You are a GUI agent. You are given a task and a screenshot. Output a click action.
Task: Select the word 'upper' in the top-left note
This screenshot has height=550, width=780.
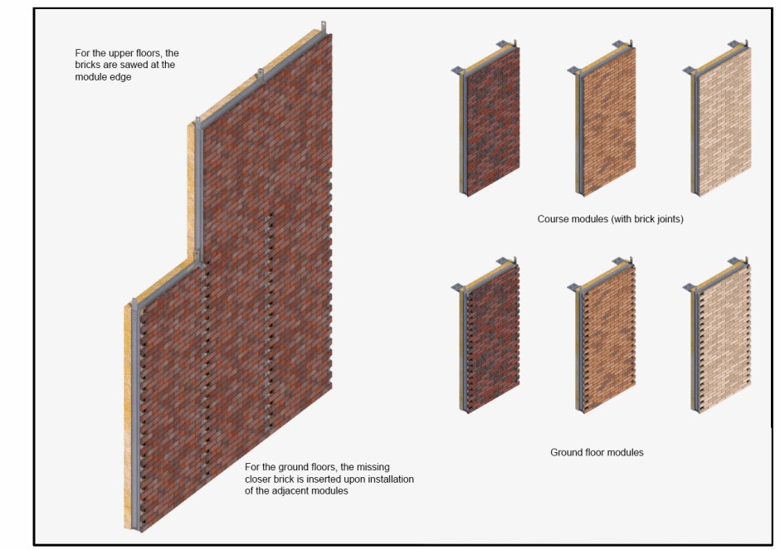tap(121, 53)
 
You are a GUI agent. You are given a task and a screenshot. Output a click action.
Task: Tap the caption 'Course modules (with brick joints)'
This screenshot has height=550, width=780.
tap(611, 219)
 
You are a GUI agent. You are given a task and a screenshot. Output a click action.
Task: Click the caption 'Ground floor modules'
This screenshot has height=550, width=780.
tap(597, 453)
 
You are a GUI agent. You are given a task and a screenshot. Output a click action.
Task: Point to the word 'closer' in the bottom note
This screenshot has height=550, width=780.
tap(258, 479)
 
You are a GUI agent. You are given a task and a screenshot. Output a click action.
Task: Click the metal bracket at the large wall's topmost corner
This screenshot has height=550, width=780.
tap(324, 27)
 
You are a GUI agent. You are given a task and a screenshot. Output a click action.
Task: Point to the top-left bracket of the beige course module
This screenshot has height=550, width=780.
tap(690, 71)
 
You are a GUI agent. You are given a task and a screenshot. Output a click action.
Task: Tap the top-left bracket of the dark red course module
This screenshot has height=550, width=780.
tap(458, 71)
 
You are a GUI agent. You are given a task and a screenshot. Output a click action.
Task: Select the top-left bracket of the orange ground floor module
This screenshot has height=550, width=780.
tap(573, 288)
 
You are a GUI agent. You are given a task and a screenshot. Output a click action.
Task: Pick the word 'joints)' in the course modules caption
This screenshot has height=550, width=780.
tap(670, 219)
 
